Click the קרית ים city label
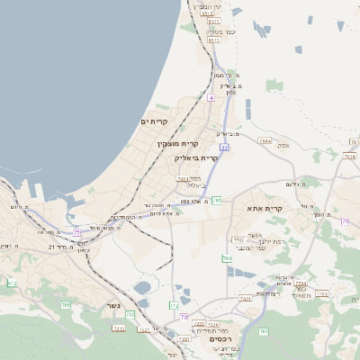coord(155,121)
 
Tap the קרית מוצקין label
coord(177,143)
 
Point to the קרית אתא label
coord(265,209)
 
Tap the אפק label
coord(283,144)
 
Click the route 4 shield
coord(211,96)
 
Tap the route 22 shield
coord(224,147)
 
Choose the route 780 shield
coord(227,259)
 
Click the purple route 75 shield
coord(77,232)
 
